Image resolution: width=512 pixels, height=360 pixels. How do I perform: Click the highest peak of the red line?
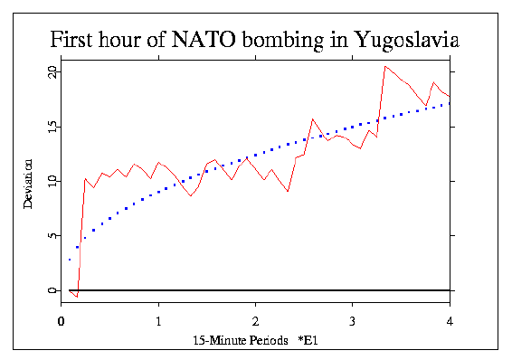click(x=385, y=66)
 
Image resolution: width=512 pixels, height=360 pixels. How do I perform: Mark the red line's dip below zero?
click(x=77, y=297)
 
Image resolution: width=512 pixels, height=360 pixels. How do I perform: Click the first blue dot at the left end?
click(x=69, y=260)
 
